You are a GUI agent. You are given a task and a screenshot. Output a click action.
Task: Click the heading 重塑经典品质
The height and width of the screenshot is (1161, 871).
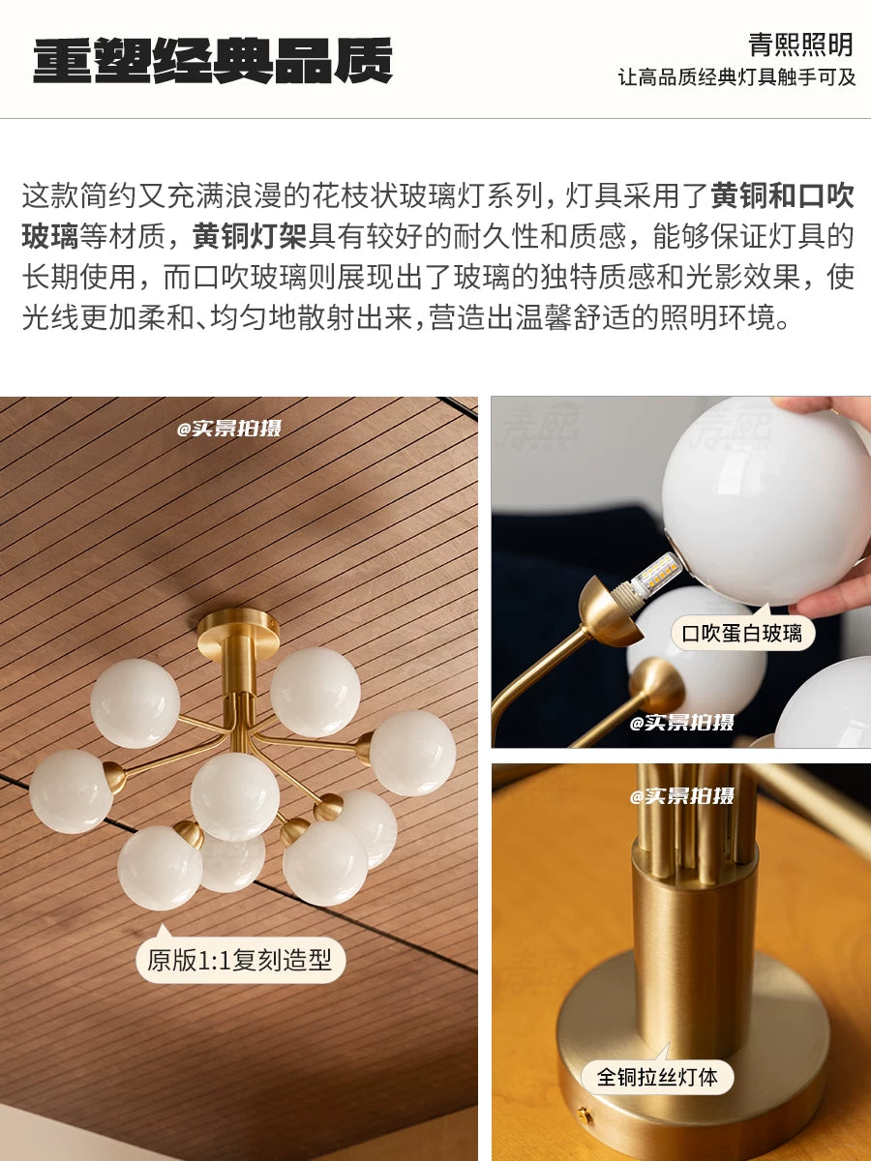[x=213, y=61]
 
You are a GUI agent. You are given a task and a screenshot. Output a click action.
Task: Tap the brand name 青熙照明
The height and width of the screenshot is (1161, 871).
[x=800, y=45]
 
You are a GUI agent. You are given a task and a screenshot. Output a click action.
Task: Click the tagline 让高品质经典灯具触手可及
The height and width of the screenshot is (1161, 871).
[x=736, y=77]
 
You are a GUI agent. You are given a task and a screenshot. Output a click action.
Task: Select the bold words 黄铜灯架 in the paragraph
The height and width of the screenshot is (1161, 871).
[x=250, y=236]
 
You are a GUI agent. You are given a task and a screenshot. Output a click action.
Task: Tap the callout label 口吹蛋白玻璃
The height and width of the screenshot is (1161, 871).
[x=741, y=633]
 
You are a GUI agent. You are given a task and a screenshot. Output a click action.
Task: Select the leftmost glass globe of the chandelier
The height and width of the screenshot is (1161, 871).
[x=71, y=791]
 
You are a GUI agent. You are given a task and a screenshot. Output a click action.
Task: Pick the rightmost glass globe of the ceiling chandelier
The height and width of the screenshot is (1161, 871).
[x=412, y=753]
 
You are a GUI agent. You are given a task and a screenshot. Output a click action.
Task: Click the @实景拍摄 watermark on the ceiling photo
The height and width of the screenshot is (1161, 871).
[x=229, y=428]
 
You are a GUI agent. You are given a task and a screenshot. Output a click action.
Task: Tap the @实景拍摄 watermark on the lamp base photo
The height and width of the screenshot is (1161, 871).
[x=681, y=796]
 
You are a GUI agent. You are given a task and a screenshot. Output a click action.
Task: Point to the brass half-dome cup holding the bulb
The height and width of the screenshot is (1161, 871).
[x=610, y=611]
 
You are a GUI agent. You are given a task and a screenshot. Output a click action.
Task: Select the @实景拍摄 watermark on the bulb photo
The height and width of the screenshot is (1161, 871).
[x=681, y=722]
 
